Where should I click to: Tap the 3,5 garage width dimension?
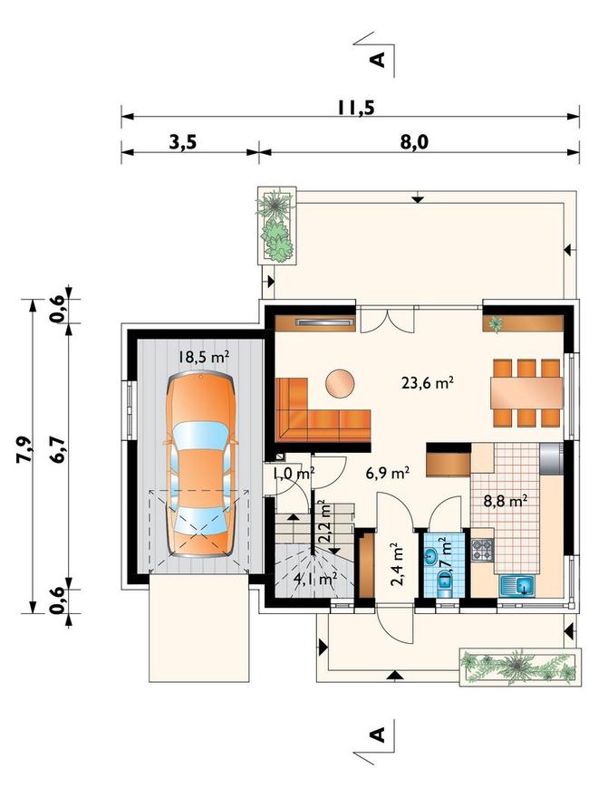[182, 142]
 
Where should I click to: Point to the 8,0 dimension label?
[414, 142]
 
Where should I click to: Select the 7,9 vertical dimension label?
[25, 449]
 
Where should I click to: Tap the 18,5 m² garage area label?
[203, 357]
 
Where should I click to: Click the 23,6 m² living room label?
[428, 383]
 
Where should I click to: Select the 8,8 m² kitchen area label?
[505, 502]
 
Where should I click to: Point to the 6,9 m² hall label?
[388, 473]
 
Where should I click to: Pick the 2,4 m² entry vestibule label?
[397, 565]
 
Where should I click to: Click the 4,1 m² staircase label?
[316, 578]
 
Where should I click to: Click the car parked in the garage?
[201, 464]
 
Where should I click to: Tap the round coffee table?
[340, 383]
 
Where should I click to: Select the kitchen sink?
[517, 586]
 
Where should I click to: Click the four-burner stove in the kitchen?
[483, 550]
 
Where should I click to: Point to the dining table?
[526, 392]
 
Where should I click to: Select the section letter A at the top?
[378, 60]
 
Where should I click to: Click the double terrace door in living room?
[388, 320]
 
